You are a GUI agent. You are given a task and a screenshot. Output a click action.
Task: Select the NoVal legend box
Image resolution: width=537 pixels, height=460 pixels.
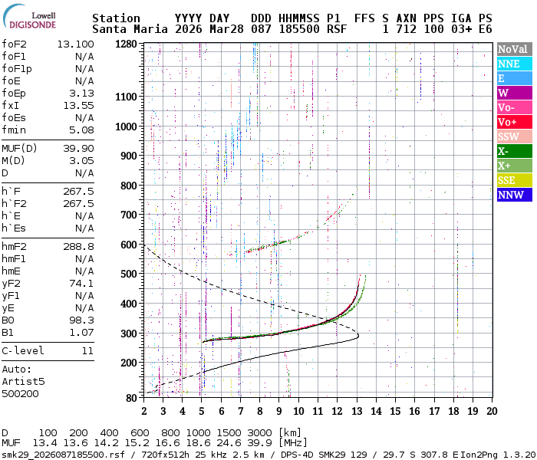(512, 49)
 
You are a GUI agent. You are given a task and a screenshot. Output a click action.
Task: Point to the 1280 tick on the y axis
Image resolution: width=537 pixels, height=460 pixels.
(127, 44)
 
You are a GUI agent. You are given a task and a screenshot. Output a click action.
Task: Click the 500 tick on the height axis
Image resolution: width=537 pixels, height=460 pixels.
(130, 274)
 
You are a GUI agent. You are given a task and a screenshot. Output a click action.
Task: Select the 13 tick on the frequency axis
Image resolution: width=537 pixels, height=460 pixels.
(357, 410)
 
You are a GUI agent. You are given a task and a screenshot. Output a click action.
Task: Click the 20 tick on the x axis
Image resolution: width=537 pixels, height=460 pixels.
(491, 410)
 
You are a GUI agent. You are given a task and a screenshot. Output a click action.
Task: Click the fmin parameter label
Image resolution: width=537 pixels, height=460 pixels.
(15, 130)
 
